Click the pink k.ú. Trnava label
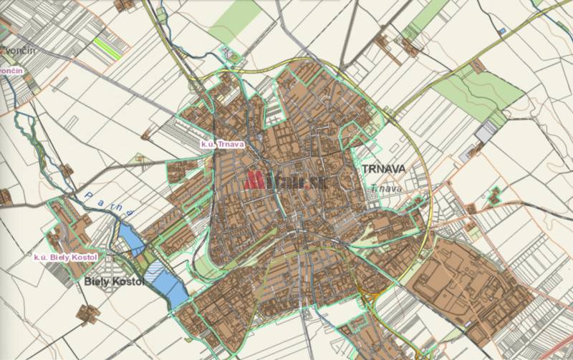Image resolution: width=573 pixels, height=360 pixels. tap(223, 144)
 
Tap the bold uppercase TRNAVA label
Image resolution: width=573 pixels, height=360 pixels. tap(384, 169)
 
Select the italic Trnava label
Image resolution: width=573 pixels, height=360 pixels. tap(387, 188)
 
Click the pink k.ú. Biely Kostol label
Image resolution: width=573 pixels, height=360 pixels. tap(64, 256)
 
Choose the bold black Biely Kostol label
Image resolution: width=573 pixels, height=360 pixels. tap(114, 282)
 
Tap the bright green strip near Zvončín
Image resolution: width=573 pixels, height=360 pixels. tap(107, 48)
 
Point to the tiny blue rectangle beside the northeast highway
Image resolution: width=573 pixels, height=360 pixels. tap(503, 30)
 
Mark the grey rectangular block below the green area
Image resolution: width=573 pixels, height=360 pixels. tap(486, 131)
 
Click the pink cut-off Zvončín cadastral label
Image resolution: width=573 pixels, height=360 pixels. tap(11, 72)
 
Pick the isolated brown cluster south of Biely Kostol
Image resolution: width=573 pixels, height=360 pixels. tap(89, 313)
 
